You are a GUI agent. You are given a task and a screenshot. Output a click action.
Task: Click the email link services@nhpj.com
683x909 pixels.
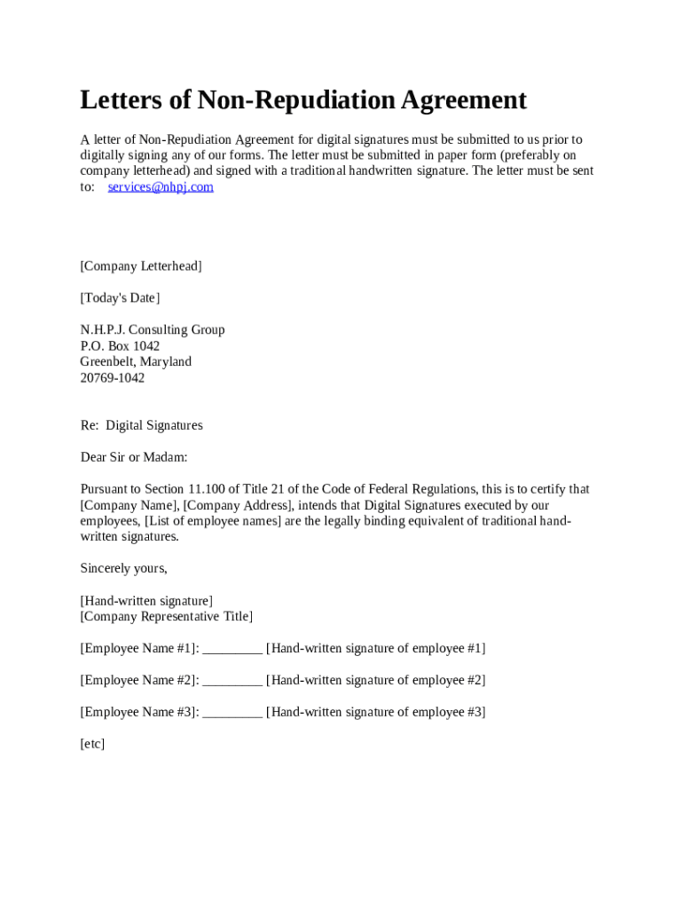click(161, 187)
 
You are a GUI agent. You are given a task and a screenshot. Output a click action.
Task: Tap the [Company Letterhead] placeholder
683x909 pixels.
click(141, 265)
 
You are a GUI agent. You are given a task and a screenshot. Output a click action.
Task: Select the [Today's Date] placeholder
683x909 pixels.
click(120, 297)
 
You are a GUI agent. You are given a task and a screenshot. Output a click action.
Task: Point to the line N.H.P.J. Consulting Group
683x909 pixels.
click(153, 329)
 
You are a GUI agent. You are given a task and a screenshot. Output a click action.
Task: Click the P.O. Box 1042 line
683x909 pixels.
click(120, 345)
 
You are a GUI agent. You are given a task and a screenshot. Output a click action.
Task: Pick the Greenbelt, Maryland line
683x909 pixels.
click(136, 361)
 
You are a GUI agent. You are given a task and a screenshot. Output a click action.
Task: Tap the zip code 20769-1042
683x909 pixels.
click(113, 377)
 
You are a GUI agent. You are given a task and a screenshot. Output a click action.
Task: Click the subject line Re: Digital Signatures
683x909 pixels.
click(142, 425)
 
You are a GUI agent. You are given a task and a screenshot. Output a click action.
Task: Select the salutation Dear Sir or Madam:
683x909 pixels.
click(134, 457)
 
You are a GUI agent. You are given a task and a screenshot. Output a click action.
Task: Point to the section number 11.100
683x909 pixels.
click(210, 489)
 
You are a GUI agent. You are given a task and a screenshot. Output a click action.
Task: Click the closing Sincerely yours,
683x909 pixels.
click(124, 568)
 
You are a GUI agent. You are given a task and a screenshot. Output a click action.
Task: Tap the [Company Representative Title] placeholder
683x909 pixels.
click(167, 616)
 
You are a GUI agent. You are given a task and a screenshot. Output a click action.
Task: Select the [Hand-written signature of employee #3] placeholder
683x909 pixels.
click(375, 712)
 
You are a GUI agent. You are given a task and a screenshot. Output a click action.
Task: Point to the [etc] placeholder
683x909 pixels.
click(92, 744)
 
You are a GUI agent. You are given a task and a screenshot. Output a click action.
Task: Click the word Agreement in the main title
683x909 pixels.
click(463, 99)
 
